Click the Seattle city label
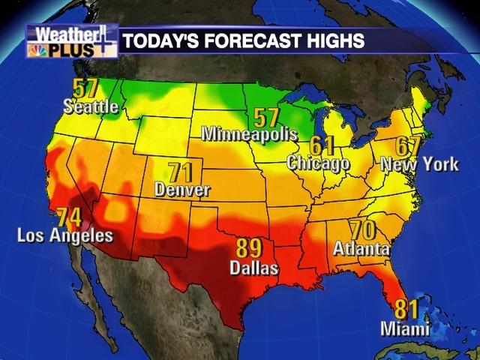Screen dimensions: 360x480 click(91, 106)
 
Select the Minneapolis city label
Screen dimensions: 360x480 click(249, 133)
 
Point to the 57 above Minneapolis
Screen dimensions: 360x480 click(266, 117)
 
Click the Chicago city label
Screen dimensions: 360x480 click(319, 162)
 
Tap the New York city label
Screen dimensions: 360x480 click(419, 164)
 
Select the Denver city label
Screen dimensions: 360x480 click(182, 190)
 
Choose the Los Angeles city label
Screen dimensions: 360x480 click(65, 236)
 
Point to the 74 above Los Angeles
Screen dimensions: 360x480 click(69, 218)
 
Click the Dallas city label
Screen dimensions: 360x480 click(253, 268)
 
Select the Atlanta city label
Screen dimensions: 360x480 click(361, 247)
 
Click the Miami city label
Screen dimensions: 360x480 click(405, 328)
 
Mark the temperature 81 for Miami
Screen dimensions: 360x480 click(406, 309)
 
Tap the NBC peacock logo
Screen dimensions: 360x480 click(34, 51)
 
